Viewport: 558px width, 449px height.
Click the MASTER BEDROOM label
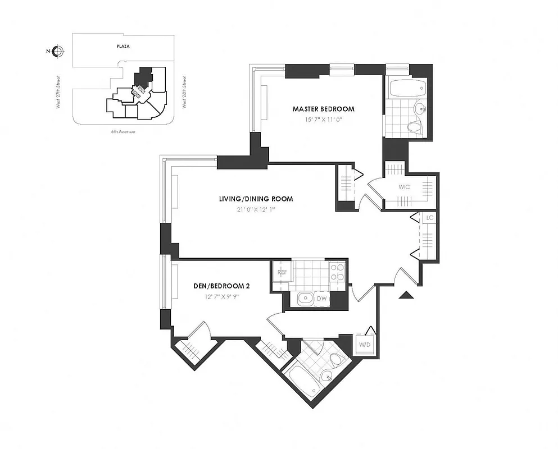pos(323,109)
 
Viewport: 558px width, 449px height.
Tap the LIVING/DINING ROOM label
pos(256,199)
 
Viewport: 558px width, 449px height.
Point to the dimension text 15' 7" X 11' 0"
pos(323,119)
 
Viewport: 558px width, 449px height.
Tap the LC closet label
pos(429,217)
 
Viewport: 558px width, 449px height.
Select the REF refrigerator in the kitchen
pos(282,273)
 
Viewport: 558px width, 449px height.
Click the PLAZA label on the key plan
pos(123,47)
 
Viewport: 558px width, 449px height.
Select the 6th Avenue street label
pos(124,131)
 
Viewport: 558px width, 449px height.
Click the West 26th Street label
pos(184,90)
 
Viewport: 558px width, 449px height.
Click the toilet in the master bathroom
pos(415,127)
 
